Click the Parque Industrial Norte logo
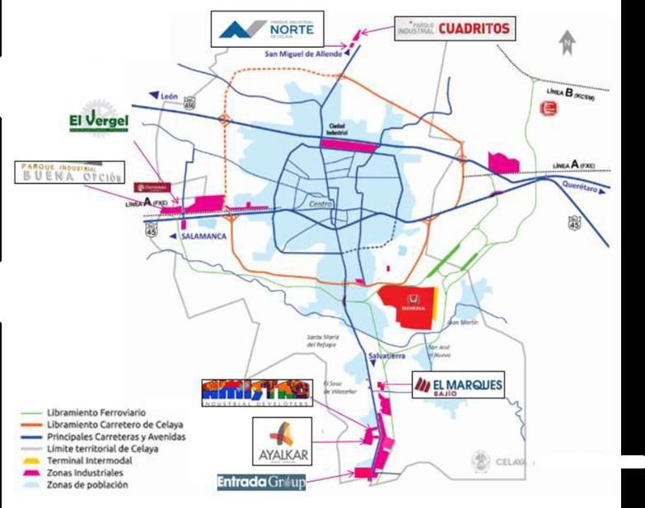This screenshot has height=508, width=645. tap(267, 30)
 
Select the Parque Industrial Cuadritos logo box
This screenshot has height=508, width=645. tap(456, 29)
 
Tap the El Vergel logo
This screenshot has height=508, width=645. tap(99, 122)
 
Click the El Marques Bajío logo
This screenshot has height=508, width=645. tap(457, 385)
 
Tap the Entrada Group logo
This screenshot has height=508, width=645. tap(261, 482)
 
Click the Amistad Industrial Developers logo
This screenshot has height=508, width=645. tap(256, 392)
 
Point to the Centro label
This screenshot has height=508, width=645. tap(320, 203)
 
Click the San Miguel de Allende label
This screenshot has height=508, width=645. tap(303, 55)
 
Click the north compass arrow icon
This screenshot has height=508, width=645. tap(567, 41)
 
